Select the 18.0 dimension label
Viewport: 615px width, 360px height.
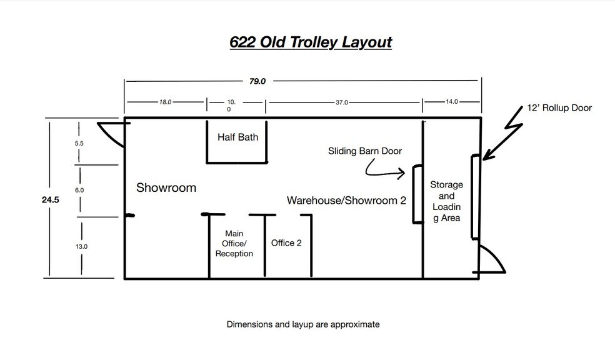click(x=165, y=101)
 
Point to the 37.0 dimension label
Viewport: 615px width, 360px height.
click(x=341, y=101)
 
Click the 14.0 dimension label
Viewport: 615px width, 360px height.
click(x=451, y=101)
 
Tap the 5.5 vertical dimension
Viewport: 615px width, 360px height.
click(x=79, y=143)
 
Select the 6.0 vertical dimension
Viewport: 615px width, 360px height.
click(x=79, y=189)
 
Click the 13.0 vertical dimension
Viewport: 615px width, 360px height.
click(x=81, y=246)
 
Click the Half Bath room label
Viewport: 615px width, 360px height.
click(x=237, y=137)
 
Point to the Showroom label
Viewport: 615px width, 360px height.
click(x=166, y=187)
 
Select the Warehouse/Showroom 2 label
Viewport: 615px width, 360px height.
click(x=343, y=200)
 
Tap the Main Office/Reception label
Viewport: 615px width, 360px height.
click(x=234, y=244)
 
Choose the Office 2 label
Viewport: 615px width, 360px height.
click(x=286, y=242)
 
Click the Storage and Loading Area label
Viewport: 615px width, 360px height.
click(x=446, y=201)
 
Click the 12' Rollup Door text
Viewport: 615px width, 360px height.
click(x=559, y=108)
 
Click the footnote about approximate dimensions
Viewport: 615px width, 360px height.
click(x=302, y=324)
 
